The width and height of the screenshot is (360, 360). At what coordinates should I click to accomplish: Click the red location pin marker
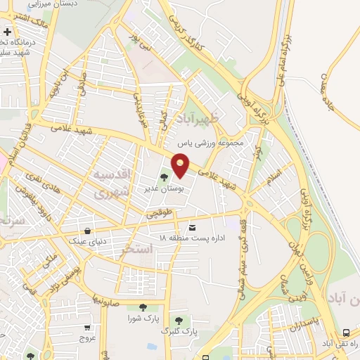[181, 166]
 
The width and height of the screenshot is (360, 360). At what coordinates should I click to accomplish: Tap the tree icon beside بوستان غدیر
[165, 177]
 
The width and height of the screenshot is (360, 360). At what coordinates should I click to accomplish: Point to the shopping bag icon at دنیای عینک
[87, 230]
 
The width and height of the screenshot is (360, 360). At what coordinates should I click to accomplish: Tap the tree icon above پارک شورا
[143, 307]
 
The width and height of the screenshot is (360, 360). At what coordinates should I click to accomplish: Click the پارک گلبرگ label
[174, 329]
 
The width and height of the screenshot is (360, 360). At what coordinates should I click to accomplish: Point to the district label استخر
[136, 249]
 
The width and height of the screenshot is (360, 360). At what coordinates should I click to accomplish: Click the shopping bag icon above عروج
[87, 326]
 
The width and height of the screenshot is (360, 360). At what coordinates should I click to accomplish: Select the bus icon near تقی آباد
[346, 332]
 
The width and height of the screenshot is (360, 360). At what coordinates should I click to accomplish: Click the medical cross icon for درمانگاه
[7, 32]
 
